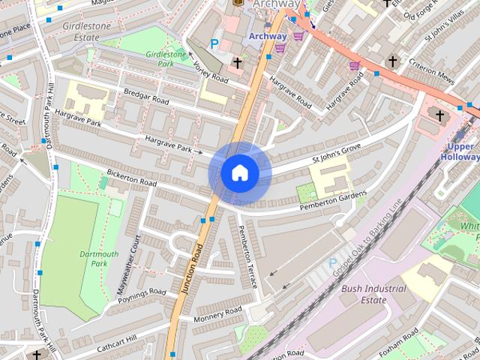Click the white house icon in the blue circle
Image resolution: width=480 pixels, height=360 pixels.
(x=239, y=173)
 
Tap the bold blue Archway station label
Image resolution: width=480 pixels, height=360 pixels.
(x=268, y=36)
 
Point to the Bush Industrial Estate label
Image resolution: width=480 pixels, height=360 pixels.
(x=373, y=294)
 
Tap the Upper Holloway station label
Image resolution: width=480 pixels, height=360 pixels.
(x=458, y=151)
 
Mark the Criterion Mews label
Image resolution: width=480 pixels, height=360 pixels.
(x=433, y=79)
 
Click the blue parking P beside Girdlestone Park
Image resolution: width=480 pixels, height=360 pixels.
(x=214, y=44)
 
